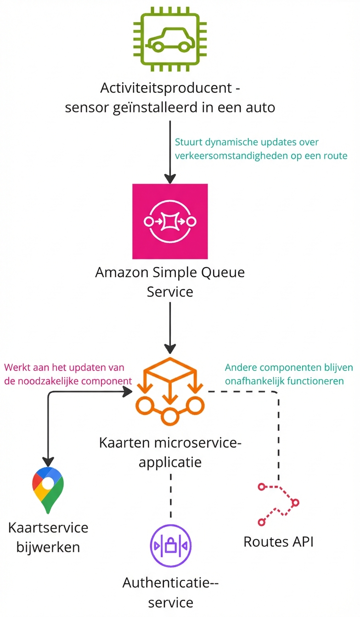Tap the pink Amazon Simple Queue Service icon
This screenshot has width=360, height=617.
click(170, 221)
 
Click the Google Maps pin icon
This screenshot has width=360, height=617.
click(48, 491)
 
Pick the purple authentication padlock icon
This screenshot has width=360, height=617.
click(171, 546)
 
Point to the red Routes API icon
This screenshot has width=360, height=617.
click(278, 504)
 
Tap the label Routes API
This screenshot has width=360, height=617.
click(278, 542)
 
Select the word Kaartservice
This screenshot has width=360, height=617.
click(48, 527)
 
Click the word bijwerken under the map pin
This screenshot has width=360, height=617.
click(48, 547)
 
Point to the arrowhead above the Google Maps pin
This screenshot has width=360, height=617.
click(48, 461)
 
